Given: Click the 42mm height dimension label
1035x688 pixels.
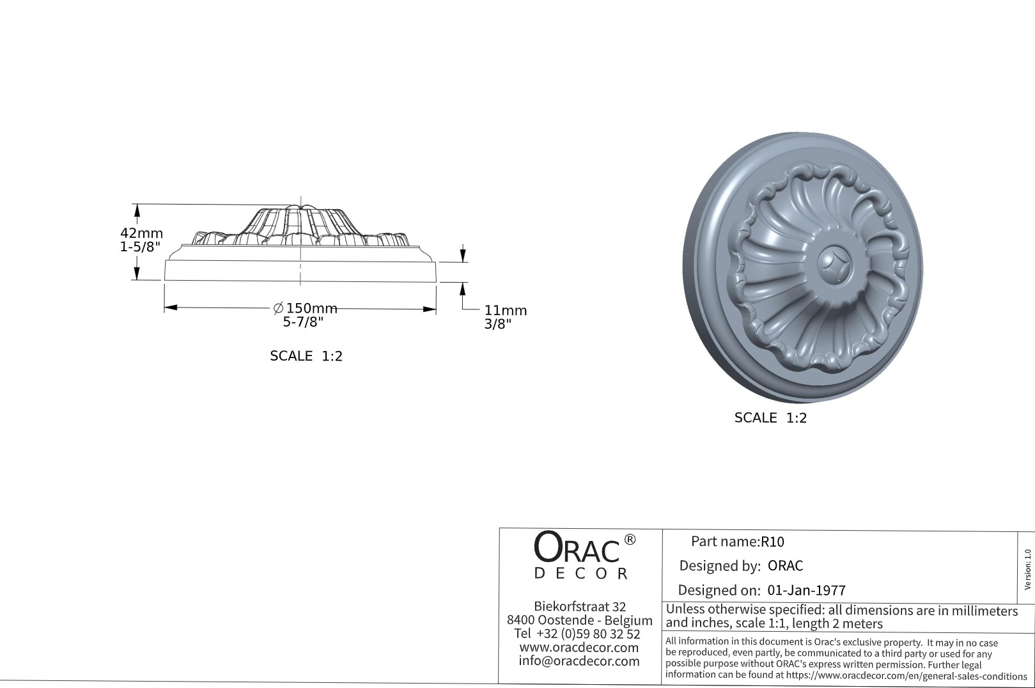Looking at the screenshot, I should [x=141, y=233].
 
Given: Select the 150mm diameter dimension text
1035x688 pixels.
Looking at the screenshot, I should [x=311, y=309].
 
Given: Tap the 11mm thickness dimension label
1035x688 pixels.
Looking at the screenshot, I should [x=505, y=311].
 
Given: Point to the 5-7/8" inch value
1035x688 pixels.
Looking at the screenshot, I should [x=303, y=322].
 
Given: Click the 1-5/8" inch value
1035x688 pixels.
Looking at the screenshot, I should [x=140, y=247].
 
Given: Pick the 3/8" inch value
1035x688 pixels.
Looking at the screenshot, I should [x=497, y=324].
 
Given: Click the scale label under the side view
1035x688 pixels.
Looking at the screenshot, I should [x=306, y=356].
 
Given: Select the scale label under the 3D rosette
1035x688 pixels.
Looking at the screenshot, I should [x=770, y=418].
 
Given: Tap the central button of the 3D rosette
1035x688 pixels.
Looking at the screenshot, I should [x=835, y=263].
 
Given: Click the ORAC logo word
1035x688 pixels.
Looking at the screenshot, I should [x=577, y=548].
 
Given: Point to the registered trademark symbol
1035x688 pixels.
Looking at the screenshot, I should [x=629, y=540].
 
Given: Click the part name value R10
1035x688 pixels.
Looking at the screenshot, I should [x=772, y=542].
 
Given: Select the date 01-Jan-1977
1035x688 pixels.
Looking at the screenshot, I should [x=806, y=590].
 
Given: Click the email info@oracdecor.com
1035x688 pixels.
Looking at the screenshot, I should [x=579, y=661].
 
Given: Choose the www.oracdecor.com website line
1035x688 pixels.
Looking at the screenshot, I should [x=579, y=647].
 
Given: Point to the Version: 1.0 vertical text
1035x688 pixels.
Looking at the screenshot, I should [x=1027, y=569].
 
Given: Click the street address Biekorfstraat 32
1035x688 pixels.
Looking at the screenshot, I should [x=579, y=606].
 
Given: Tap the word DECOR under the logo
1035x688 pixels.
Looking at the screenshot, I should [x=580, y=574].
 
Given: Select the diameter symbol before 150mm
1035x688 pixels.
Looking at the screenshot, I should [x=278, y=309].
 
